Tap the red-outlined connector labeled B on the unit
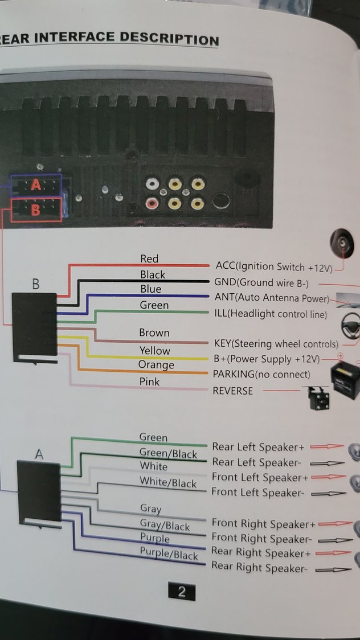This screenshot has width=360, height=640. point(35,209)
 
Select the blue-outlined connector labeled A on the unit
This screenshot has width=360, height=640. point(36,185)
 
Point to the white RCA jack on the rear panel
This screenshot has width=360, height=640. point(152,184)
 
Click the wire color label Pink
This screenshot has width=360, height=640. point(150,381)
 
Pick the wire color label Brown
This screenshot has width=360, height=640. point(154,333)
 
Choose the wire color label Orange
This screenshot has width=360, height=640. point(156,365)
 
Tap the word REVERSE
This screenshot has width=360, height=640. point(232,391)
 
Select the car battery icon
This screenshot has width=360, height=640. point(346,378)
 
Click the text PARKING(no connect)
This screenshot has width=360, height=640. point(261,374)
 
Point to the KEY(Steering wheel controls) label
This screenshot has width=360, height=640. point(276,344)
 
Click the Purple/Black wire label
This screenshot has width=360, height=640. point(169,553)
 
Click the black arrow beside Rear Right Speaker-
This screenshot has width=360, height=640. point(333,569)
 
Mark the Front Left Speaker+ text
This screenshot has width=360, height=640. point(260,477)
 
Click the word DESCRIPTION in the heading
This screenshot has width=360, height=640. point(169,39)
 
